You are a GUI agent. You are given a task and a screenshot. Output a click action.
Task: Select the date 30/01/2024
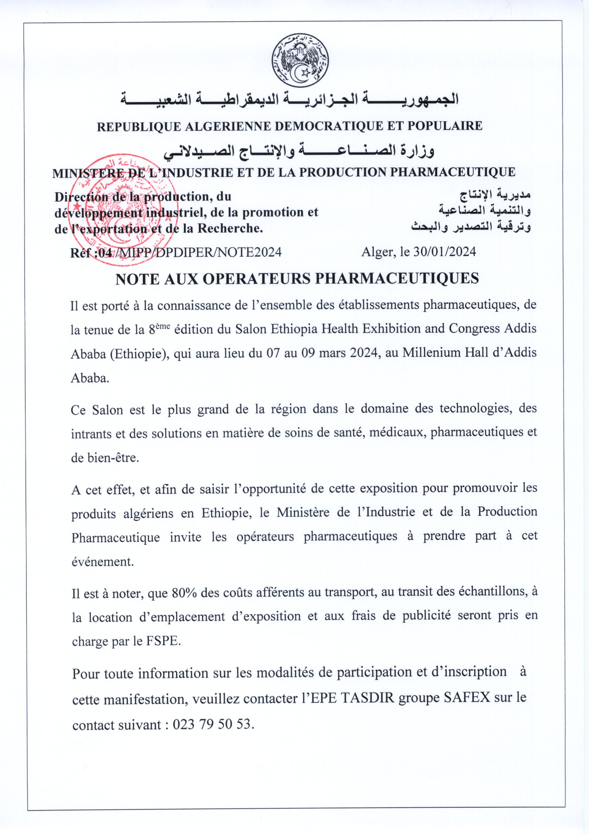[445, 252]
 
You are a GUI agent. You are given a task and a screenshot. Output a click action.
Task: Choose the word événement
[103, 562]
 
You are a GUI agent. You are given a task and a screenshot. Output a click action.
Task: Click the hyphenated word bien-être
[105, 458]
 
